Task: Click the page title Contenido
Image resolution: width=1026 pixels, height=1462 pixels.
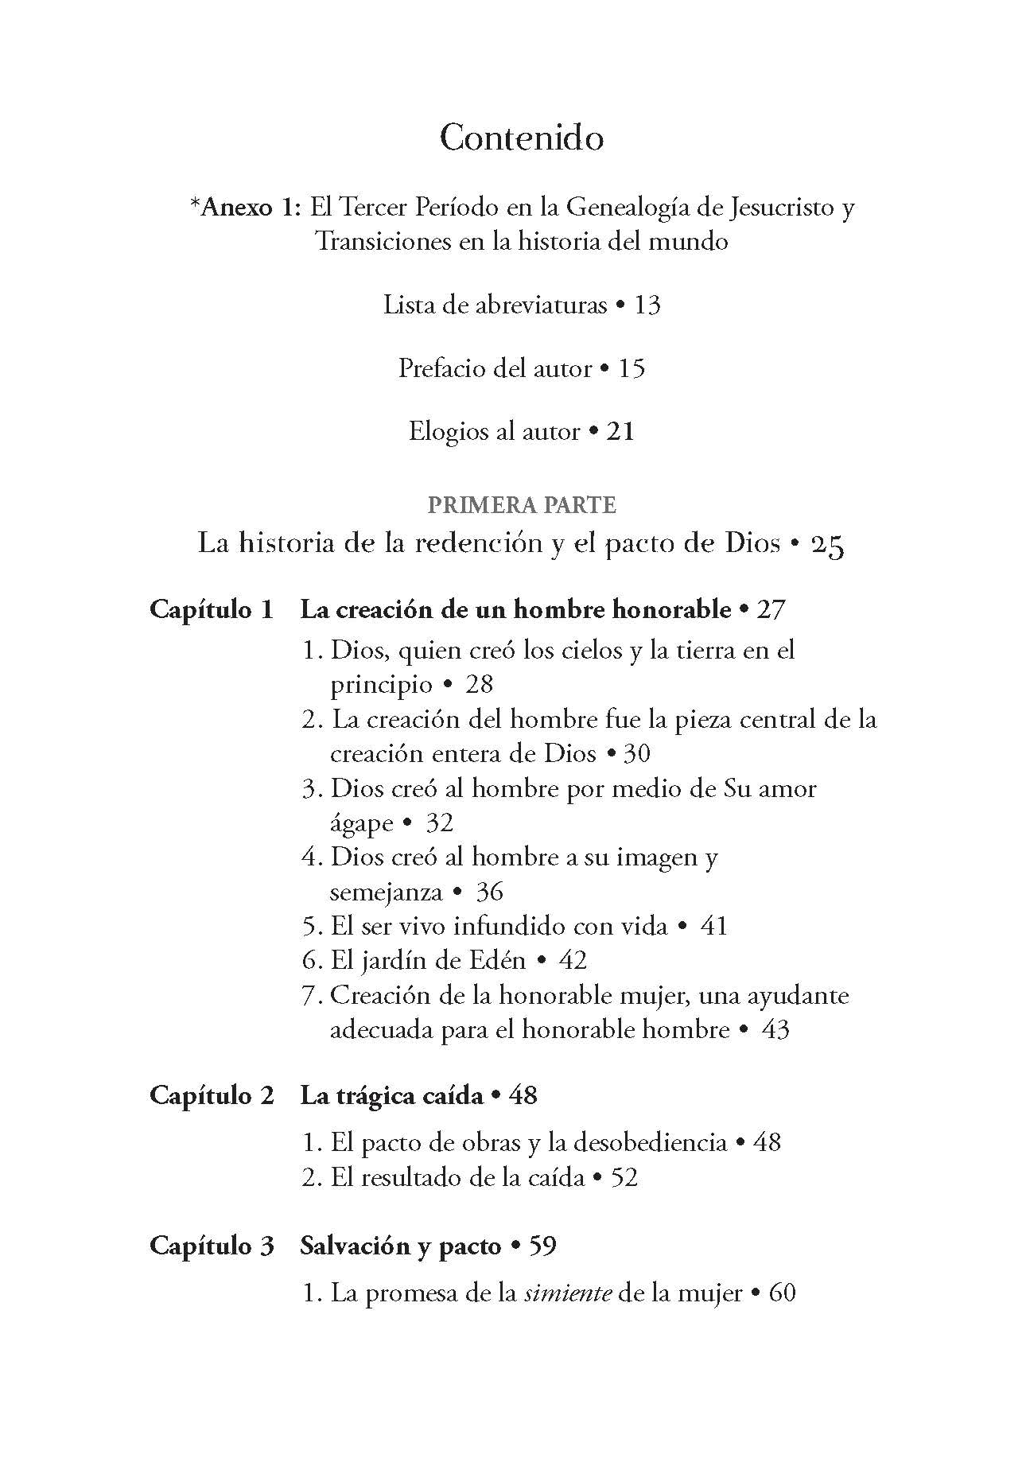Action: coord(521,138)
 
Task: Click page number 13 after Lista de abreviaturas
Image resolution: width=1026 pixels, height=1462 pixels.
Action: coord(647,305)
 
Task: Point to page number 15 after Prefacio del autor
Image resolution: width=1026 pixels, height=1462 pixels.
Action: coord(632,368)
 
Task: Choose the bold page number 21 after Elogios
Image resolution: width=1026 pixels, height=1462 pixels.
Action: coord(620,431)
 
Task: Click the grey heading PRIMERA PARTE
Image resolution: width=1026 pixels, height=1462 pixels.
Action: coord(522,505)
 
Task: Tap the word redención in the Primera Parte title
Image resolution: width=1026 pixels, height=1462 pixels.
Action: coord(451,545)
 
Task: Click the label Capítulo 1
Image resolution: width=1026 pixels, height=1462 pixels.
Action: coord(212,610)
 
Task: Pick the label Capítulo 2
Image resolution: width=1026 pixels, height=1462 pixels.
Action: coord(212,1095)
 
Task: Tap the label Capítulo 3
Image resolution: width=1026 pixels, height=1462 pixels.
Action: coord(212,1246)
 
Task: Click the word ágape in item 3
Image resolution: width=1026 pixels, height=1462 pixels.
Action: coord(361,822)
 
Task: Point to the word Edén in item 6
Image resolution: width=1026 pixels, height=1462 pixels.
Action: coord(499,960)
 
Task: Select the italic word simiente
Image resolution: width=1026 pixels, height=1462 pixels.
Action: coord(568,1293)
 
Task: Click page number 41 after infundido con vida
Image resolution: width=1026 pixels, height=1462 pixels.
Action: coord(714,926)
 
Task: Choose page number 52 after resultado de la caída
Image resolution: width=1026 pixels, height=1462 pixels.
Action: coord(624,1177)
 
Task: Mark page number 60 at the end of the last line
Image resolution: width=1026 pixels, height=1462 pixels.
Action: coord(783,1293)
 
